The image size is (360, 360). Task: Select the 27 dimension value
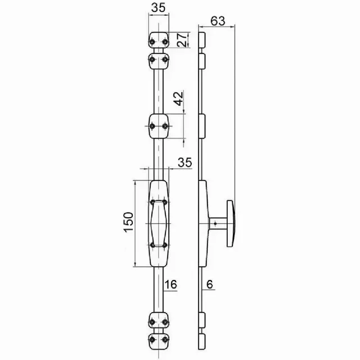[x=182, y=40]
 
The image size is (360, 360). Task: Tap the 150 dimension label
[x=128, y=223]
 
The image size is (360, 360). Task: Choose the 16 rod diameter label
[x=171, y=285]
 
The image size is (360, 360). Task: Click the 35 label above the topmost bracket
[x=158, y=8]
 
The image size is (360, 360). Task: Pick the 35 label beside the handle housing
[x=184, y=163]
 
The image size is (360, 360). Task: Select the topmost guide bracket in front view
[x=158, y=40]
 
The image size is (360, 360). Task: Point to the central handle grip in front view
[x=158, y=223]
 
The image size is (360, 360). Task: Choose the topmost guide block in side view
[x=203, y=40]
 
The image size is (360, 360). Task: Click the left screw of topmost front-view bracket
[x=152, y=40]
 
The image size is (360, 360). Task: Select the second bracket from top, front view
[x=158, y=59]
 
